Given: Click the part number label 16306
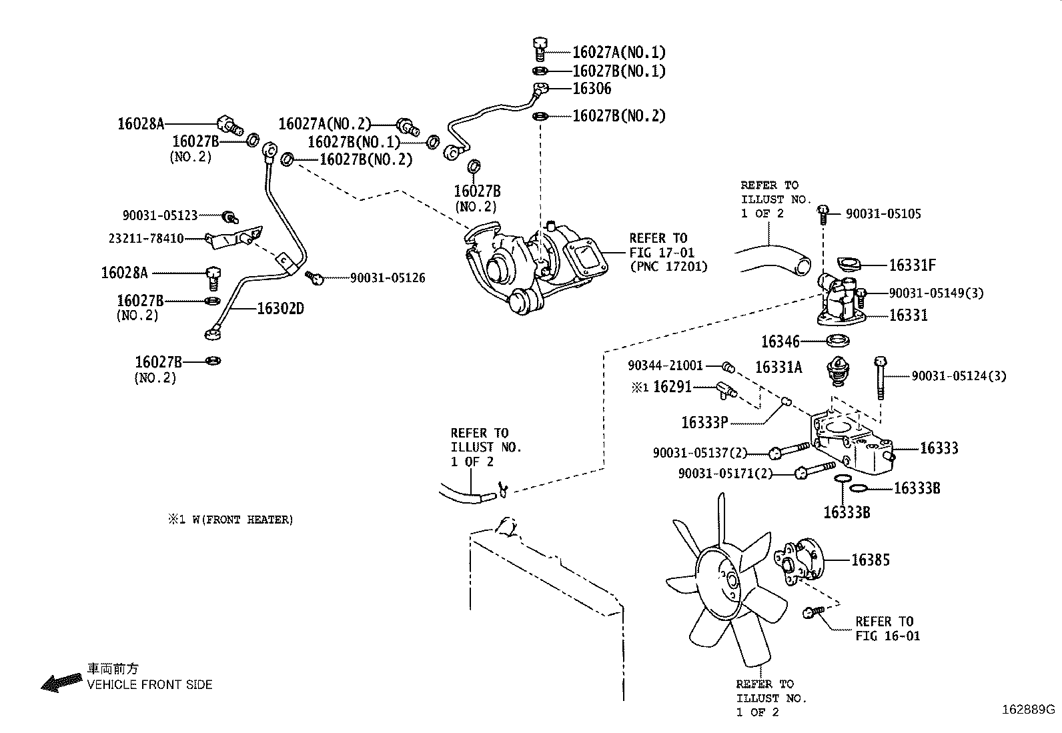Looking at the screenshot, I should [x=592, y=89].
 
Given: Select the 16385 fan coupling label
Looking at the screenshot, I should [x=870, y=560].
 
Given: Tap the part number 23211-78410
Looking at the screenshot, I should [x=146, y=238].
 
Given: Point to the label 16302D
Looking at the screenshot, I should [x=280, y=308].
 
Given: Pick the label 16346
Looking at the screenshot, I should [x=780, y=342].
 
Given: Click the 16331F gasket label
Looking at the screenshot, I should [x=912, y=265].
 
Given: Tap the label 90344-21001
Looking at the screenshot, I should [x=665, y=365].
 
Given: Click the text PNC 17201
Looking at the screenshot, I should [x=669, y=267].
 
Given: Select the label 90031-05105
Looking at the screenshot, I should [x=883, y=213].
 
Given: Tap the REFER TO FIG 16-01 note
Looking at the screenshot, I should [x=887, y=628].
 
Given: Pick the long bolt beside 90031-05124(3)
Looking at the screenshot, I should [x=881, y=377].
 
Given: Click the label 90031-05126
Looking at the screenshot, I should [x=388, y=277].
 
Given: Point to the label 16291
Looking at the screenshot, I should [x=672, y=387].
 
